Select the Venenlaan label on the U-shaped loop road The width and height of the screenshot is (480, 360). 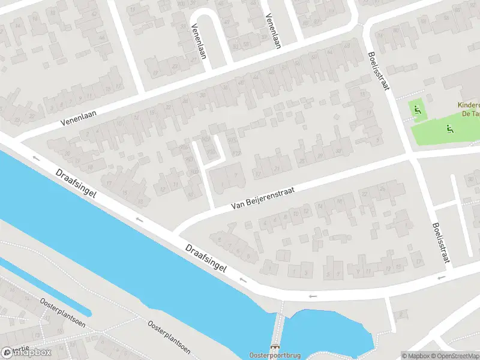[x=196, y=42]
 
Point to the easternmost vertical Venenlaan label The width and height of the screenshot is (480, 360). [x=274, y=31]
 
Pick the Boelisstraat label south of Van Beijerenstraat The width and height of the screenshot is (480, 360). [x=440, y=243]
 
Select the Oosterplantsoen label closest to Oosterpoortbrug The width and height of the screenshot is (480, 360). [x=169, y=337]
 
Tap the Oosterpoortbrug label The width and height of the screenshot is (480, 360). [x=275, y=355]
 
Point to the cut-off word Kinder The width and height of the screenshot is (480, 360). [x=468, y=104]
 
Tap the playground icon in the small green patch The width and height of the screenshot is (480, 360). [x=418, y=109]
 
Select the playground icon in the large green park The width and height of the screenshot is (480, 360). [x=448, y=127]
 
